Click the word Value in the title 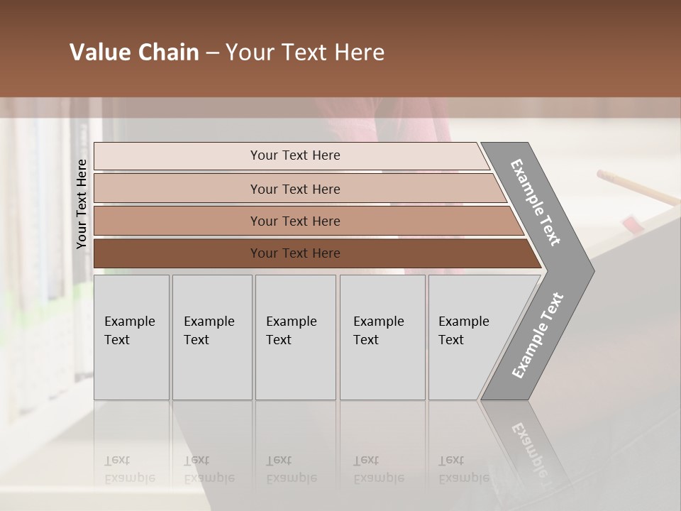coord(99,53)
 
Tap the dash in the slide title coord(212,53)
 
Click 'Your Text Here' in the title coord(305,53)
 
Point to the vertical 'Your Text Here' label coord(82,204)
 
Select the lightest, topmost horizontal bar coord(291,155)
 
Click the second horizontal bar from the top coord(298,189)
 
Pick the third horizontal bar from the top coord(305,221)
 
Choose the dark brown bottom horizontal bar coord(312,253)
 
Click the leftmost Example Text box coord(131,337)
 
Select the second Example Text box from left coord(212,337)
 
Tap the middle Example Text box coord(295,337)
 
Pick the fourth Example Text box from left coord(382,337)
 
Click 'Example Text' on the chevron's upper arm coord(536,202)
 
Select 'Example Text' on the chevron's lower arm coord(538,336)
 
